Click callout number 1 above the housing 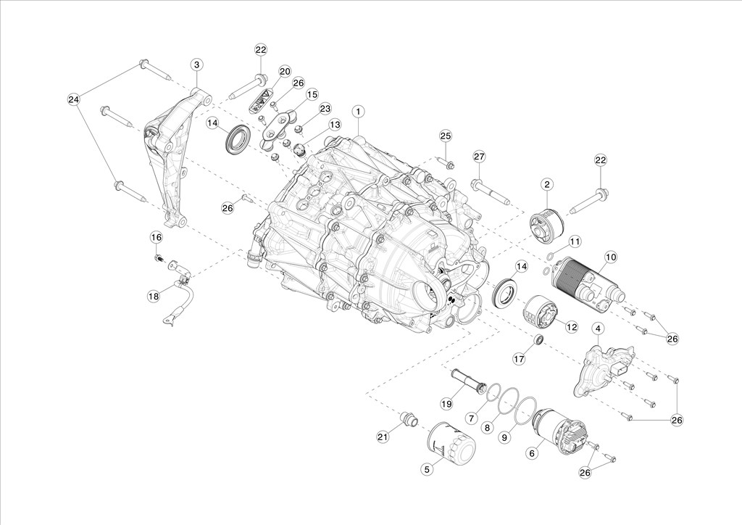coord(358,112)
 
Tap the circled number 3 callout coord(197,65)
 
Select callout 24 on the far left coord(72,99)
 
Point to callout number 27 coord(480,156)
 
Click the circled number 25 coord(446,136)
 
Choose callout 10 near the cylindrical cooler coord(610,257)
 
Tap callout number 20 coord(284,72)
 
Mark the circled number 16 coord(157,236)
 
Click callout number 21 coord(383,437)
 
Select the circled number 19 coord(446,404)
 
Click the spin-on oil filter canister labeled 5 coord(451,440)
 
